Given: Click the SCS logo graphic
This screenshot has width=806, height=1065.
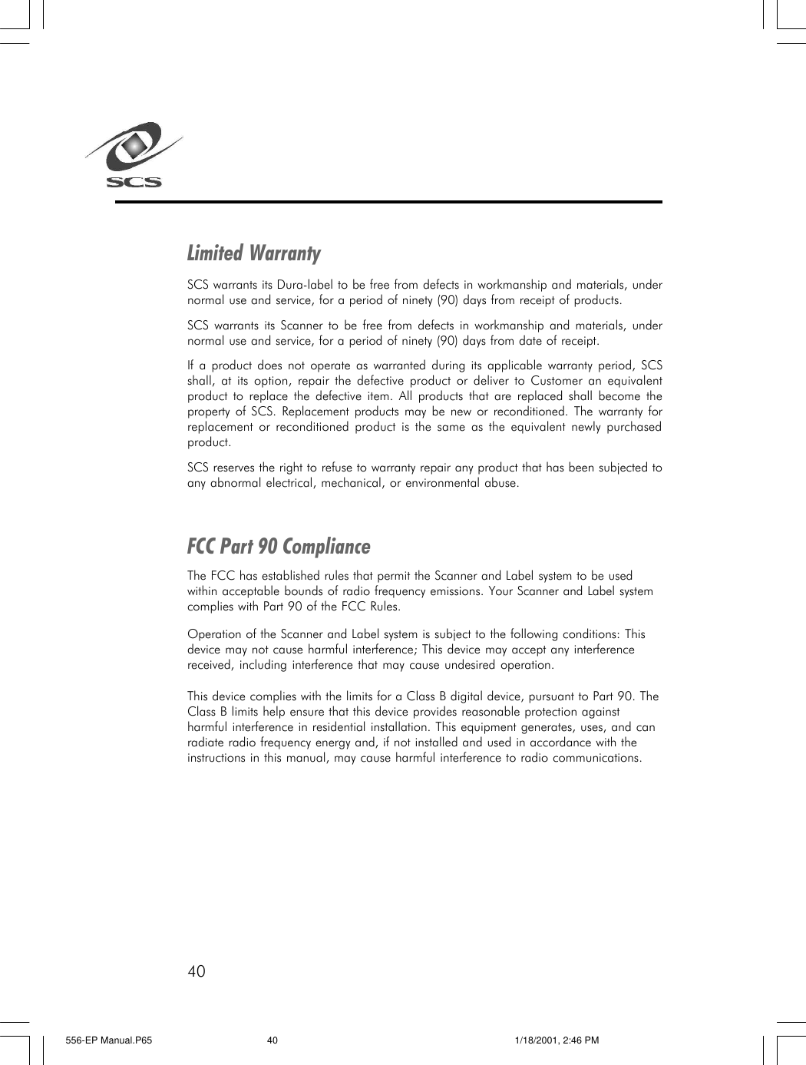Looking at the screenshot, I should coord(134,154).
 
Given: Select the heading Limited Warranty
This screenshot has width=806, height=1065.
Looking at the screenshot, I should coord(254,253).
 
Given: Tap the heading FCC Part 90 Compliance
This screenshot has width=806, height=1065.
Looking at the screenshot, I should coord(279,546).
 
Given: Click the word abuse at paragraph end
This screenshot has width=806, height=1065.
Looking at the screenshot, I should coord(501,483).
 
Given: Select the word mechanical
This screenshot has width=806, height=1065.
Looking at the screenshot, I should coord(352,483).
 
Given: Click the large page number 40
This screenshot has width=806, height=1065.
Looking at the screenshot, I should coord(197,971).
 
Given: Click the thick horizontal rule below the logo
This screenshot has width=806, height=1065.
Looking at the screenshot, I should coord(388,202).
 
